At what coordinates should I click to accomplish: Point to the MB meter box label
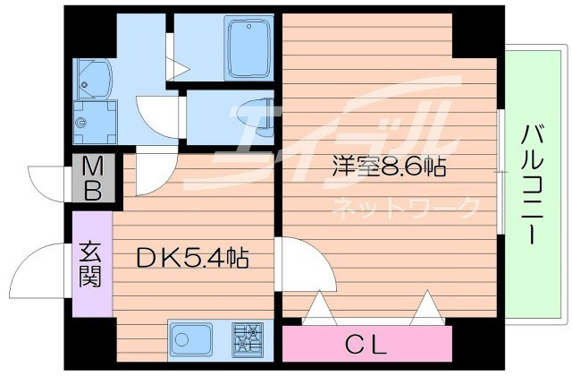[93, 179]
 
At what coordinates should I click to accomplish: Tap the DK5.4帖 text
[191, 260]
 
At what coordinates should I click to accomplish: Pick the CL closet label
[366, 343]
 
